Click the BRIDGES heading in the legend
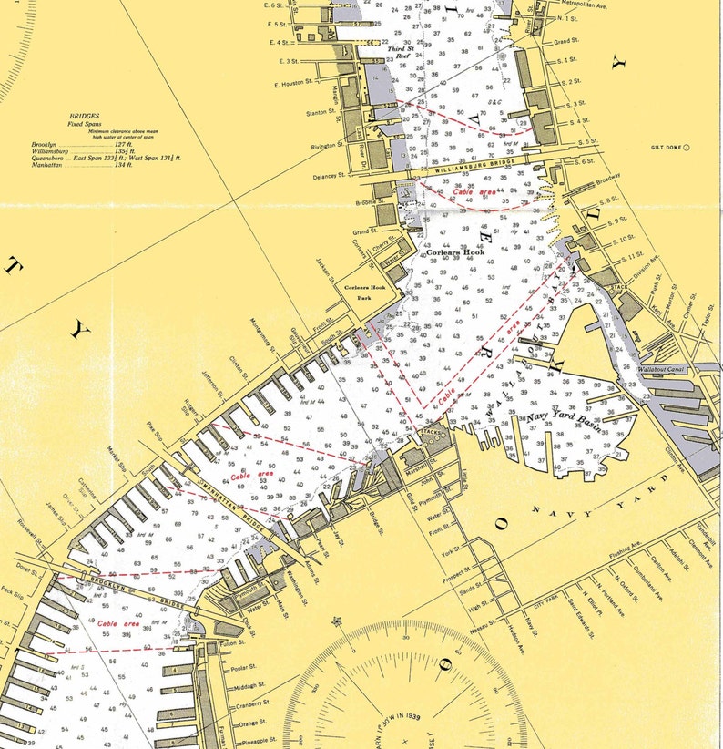click(85, 117)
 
